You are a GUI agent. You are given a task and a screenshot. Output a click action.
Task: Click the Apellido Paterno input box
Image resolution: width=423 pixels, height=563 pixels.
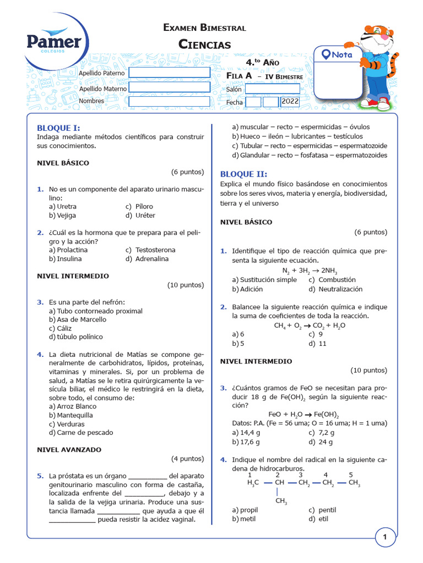point(169,73)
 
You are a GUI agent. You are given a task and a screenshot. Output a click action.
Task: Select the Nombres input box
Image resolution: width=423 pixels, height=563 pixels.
point(169,101)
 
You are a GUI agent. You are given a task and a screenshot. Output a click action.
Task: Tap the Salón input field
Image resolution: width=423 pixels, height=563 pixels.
point(272,89)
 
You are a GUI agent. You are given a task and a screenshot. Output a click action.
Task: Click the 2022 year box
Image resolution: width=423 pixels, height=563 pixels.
point(290,102)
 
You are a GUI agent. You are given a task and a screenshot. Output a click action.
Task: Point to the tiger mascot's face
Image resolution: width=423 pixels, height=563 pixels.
point(375,38)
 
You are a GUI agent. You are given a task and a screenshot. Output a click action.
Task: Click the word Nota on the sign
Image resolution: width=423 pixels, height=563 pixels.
point(341,54)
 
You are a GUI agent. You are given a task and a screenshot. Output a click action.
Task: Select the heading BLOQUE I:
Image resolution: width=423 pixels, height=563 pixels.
point(58,128)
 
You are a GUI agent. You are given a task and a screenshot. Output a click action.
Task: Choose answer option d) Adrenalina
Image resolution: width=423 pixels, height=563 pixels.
point(147,258)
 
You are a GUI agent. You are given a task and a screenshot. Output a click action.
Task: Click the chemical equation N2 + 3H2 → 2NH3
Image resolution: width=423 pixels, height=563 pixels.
point(310,271)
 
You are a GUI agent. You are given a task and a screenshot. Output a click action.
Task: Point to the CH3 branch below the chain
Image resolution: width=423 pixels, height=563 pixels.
point(281,501)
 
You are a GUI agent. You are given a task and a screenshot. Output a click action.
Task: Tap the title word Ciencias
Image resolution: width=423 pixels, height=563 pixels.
point(204,45)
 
